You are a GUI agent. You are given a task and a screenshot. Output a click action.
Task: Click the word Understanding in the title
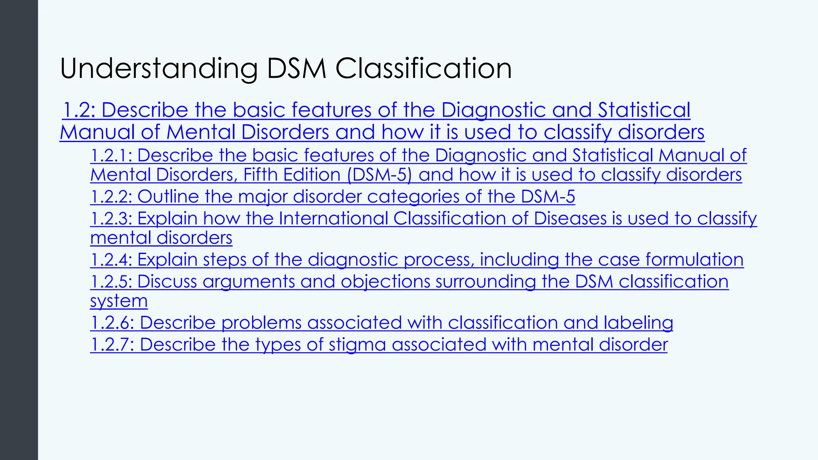159,69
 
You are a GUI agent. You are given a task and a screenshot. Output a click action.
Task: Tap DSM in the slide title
297,69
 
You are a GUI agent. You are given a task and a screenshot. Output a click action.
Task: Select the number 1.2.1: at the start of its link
111,155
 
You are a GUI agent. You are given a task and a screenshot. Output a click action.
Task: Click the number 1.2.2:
111,196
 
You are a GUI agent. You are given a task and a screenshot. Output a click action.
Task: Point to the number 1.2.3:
111,218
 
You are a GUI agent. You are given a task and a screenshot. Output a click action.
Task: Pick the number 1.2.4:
111,260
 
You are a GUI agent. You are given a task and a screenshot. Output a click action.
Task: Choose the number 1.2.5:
111,282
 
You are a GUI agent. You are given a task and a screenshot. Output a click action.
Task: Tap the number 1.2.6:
112,323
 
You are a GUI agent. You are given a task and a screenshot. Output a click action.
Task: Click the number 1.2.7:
112,345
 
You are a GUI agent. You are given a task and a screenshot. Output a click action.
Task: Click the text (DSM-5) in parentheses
379,175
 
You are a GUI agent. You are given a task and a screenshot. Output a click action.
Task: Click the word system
119,301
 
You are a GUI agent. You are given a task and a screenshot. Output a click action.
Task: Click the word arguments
248,282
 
